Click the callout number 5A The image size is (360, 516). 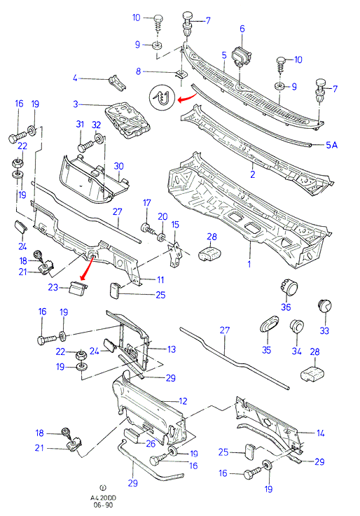[332, 145]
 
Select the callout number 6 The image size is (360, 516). [242, 29]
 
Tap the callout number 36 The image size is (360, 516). [286, 307]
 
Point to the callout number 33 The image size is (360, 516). [324, 330]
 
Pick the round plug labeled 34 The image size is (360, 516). [297, 327]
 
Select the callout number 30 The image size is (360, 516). [118, 166]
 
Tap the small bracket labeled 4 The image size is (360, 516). [117, 83]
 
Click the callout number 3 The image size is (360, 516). [76, 104]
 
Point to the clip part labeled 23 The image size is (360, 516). [78, 288]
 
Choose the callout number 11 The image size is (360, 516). [160, 280]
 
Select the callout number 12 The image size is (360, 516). [183, 401]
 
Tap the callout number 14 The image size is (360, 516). [320, 433]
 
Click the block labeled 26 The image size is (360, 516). [132, 436]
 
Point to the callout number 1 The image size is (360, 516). [249, 264]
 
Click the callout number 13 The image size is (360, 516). [172, 349]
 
